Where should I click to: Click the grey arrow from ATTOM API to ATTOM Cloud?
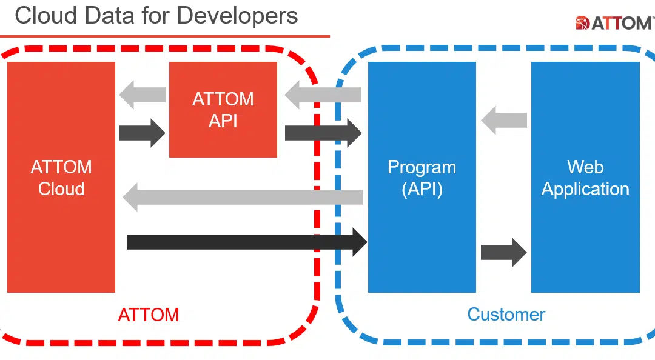click(x=143, y=95)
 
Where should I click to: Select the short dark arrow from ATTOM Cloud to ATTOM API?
click(x=142, y=133)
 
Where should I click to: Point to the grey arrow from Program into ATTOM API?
click(x=323, y=95)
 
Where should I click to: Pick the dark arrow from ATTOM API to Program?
click(x=323, y=133)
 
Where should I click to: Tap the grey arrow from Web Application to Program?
click(x=504, y=120)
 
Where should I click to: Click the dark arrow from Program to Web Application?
click(x=503, y=252)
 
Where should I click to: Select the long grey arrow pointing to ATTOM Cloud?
click(x=243, y=197)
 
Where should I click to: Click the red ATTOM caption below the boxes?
click(x=149, y=315)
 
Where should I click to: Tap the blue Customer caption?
click(x=506, y=315)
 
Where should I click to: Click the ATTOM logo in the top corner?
click(x=614, y=23)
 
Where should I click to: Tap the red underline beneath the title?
click(x=164, y=36)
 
